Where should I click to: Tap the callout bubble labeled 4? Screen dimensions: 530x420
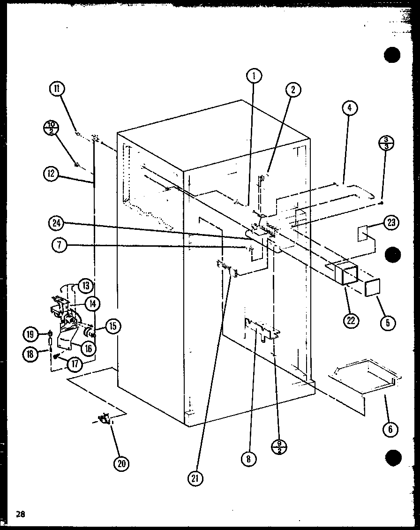click(349, 109)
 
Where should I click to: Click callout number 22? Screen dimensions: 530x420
click(351, 320)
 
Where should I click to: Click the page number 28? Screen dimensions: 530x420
click(20, 514)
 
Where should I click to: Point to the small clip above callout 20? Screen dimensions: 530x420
click(104, 419)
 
